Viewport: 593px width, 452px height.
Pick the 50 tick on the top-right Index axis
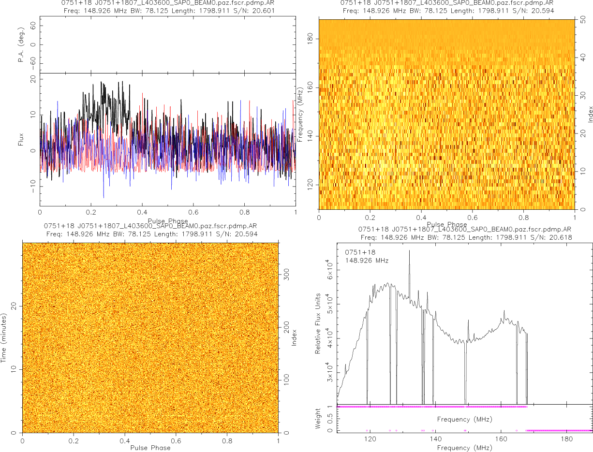pos(583,20)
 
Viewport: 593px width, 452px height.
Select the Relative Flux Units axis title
pos(318,323)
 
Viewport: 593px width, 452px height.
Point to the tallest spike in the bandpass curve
pos(409,251)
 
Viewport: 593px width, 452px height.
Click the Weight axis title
pos(318,418)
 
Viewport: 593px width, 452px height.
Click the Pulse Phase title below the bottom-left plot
pos(150,448)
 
